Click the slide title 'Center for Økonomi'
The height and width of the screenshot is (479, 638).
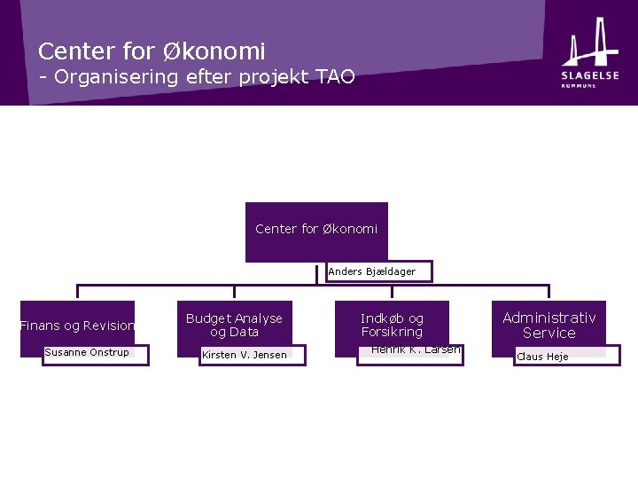pyautogui.click(x=152, y=51)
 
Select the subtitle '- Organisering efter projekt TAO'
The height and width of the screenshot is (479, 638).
pyautogui.click(x=196, y=76)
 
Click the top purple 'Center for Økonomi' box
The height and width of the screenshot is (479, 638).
pyautogui.click(x=316, y=230)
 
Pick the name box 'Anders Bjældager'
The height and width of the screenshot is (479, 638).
pyautogui.click(x=372, y=271)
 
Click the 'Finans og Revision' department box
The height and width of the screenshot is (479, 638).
pyautogui.click(x=77, y=326)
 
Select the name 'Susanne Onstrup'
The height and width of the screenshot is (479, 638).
pyautogui.click(x=87, y=353)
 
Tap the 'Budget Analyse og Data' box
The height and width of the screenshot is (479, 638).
pyautogui.click(x=234, y=325)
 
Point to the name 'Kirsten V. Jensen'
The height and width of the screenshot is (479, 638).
pyautogui.click(x=245, y=356)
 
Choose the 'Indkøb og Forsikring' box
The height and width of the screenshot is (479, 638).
pyautogui.click(x=392, y=325)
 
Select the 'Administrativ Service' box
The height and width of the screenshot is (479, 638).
pyautogui.click(x=549, y=325)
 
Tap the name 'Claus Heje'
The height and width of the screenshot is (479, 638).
pyautogui.click(x=542, y=357)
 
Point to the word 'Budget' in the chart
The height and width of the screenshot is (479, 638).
pyautogui.click(x=208, y=318)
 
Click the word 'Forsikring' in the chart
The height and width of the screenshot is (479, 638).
pyautogui.click(x=392, y=333)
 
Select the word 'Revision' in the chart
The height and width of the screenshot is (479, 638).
pyautogui.click(x=109, y=326)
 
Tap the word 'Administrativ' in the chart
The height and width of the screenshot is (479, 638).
pyautogui.click(x=549, y=318)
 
